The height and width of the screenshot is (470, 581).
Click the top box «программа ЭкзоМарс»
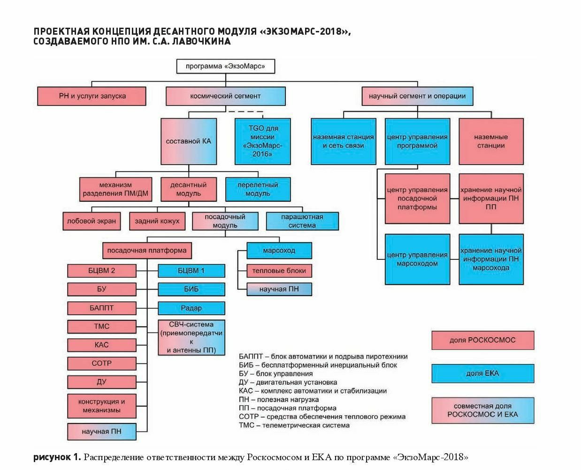[226, 66]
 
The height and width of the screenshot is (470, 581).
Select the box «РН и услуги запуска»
[92, 96]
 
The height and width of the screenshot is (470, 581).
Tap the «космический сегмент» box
[226, 96]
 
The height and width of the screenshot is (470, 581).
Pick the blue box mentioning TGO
[263, 141]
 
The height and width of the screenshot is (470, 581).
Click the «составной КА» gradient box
[189, 141]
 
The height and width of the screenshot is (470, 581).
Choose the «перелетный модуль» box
[258, 189]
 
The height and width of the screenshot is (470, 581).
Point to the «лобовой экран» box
[92, 221]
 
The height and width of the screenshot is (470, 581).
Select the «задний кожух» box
[157, 221]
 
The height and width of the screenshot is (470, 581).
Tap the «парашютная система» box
[302, 221]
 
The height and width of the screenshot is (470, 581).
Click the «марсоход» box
[279, 250]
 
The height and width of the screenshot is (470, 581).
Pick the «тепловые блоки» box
[279, 271]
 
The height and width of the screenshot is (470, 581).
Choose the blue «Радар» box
[191, 308]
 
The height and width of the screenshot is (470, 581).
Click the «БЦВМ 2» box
[102, 271]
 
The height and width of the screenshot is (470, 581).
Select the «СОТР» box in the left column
[102, 364]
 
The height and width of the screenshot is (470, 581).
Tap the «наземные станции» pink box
[491, 141]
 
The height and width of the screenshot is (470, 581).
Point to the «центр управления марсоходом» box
[417, 259]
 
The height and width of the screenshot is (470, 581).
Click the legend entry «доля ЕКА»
[483, 373]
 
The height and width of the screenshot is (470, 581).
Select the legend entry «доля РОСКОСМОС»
[483, 340]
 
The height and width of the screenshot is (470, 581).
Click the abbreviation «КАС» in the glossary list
[246, 391]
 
